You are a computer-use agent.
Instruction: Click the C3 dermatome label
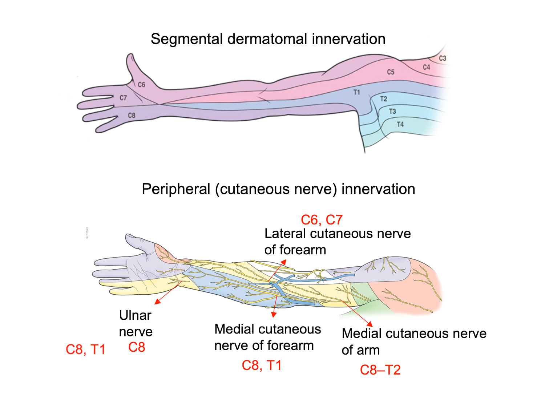coord(442,58)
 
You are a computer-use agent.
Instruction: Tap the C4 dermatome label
coord(426,67)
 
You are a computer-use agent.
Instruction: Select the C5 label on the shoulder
coord(391,72)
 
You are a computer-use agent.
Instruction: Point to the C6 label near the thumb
coord(141,85)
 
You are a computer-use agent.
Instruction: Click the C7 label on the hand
coord(123,98)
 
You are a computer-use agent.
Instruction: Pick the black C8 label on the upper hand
coord(132,116)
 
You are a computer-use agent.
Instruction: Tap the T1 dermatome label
coord(357,92)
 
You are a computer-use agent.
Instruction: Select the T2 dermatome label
coord(384,99)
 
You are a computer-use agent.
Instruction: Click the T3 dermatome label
coord(392,112)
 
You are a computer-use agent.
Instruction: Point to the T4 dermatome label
coord(400,124)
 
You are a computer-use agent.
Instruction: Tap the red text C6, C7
coord(322,220)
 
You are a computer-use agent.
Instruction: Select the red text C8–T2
coord(380,370)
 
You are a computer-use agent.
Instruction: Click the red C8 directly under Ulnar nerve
coord(137,347)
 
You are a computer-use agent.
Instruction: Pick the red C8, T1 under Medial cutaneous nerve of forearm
coord(262,365)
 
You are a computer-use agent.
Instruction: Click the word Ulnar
coord(135,315)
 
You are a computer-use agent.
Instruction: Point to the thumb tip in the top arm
coord(130,56)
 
